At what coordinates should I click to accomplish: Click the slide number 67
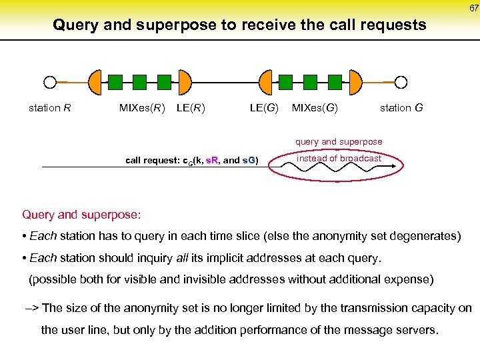(473, 7)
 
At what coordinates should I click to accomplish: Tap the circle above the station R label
(49, 82)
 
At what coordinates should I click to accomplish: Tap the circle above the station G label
(401, 82)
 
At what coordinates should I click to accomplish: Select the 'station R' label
(50, 107)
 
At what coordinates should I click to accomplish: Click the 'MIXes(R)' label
(142, 107)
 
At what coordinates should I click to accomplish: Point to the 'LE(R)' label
(191, 107)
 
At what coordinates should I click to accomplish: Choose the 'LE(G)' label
(264, 107)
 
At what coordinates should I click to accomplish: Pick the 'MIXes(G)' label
(315, 107)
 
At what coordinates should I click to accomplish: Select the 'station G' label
(401, 107)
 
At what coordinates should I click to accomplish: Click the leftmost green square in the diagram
(115, 82)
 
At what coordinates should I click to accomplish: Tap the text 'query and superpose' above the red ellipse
(339, 141)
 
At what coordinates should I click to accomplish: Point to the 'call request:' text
(153, 161)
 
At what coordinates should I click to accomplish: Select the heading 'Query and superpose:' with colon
(81, 215)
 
